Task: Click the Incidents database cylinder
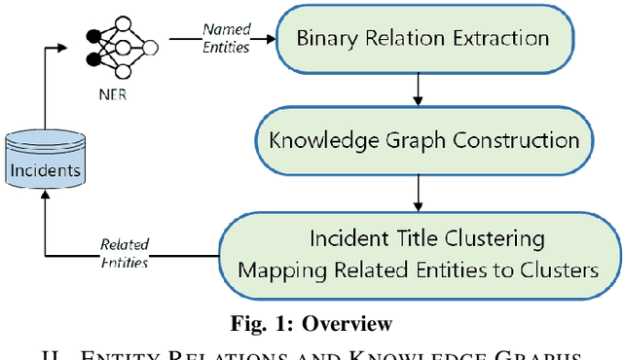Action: (45, 169)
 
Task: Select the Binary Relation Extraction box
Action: (421, 39)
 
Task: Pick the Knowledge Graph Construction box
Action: (422, 140)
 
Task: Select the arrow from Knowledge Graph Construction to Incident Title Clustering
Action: (418, 192)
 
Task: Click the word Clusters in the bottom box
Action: (562, 270)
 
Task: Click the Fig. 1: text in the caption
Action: (258, 324)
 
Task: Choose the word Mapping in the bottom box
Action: (276, 270)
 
